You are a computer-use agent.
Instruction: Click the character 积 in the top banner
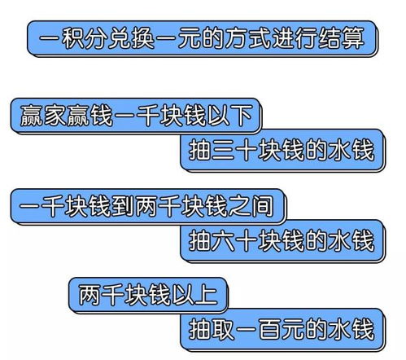click(73, 38)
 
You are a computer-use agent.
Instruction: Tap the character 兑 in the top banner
click(120, 38)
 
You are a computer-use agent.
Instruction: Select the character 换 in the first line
click(143, 38)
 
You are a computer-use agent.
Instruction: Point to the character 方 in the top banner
click(236, 38)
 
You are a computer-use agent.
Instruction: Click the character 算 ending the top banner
click(353, 38)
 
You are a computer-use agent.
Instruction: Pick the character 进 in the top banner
click(283, 38)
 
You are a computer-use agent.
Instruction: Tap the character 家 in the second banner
click(55, 116)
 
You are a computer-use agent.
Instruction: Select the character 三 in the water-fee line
click(223, 150)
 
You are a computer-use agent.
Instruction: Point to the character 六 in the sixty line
click(223, 240)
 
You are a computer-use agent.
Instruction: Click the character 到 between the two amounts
click(123, 206)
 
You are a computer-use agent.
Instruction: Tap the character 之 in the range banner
click(239, 206)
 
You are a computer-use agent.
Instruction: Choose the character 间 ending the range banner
click(263, 206)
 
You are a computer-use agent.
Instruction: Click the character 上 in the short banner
click(207, 295)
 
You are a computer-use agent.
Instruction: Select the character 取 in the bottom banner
click(223, 329)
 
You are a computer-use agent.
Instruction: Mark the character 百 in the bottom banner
click(269, 329)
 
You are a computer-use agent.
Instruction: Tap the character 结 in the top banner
click(330, 38)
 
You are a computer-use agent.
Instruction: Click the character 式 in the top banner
click(260, 38)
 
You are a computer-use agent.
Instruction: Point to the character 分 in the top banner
click(96, 38)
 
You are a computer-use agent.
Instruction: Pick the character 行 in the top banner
click(306, 38)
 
